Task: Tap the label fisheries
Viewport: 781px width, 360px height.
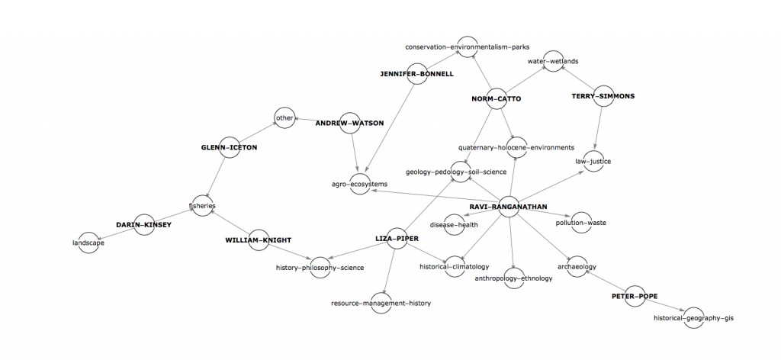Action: click(202, 206)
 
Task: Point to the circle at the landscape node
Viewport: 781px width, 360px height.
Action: click(89, 242)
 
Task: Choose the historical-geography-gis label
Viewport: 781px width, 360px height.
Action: click(698, 317)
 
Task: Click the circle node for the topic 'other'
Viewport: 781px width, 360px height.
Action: click(284, 118)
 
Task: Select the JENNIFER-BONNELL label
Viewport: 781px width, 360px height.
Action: click(416, 74)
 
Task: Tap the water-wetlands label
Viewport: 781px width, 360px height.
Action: click(552, 60)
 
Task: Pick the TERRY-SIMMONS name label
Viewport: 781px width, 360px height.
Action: click(603, 96)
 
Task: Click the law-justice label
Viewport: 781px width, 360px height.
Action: click(593, 161)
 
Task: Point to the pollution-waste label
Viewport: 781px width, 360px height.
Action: click(581, 223)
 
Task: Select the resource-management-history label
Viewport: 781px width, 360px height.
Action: click(381, 303)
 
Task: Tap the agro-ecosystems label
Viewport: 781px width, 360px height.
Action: click(359, 184)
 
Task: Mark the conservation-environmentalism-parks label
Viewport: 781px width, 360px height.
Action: click(467, 47)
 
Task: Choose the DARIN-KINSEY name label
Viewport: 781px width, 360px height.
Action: click(144, 225)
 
